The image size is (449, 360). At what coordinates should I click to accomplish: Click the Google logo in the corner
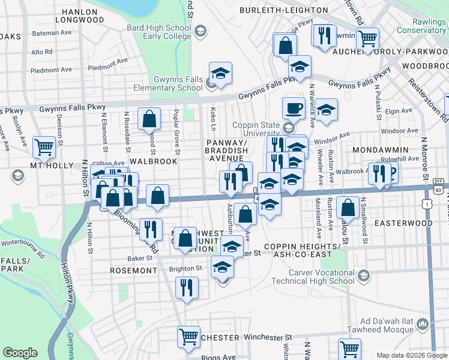pos(20,353)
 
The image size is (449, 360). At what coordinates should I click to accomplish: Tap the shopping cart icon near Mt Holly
pos(44,146)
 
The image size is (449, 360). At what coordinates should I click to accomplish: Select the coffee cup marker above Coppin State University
pos(294,108)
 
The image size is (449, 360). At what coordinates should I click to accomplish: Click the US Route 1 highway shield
pos(426,205)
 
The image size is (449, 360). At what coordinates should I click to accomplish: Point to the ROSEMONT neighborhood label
pos(133,271)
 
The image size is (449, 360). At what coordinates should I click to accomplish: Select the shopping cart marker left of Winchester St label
pos(188,336)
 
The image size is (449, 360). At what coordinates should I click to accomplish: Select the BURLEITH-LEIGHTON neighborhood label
pos(284,10)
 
